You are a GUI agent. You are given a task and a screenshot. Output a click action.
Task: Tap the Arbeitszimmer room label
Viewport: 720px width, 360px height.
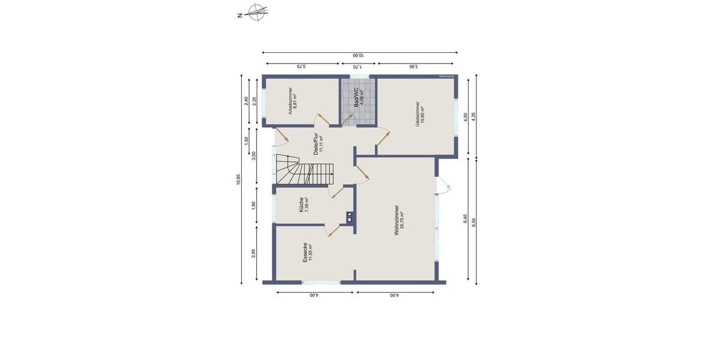(293, 100)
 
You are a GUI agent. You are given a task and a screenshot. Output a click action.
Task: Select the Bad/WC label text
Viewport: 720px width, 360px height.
(358, 97)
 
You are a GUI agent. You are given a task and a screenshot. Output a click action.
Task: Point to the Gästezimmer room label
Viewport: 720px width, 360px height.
(419, 113)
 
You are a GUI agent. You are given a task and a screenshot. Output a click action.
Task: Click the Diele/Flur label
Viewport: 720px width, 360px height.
(319, 145)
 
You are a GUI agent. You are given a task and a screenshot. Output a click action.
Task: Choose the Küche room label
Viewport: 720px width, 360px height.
(304, 206)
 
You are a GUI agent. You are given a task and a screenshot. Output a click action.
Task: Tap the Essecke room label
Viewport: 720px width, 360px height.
(307, 253)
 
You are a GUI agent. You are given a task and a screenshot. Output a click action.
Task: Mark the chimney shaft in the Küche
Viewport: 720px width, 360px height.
(348, 217)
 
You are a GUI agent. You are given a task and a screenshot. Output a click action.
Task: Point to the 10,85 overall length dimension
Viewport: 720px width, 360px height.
(238, 180)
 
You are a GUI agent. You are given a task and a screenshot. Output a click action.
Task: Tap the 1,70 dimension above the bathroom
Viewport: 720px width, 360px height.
(356, 67)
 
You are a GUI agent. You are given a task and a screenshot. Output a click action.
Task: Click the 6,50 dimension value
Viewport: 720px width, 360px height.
(473, 221)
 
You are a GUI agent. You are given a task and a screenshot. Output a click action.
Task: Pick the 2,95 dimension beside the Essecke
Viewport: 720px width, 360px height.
(254, 254)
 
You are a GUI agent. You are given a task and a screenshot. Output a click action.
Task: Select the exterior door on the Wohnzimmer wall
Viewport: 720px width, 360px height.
(446, 186)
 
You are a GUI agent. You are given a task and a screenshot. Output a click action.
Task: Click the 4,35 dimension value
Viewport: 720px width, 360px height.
(473, 117)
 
